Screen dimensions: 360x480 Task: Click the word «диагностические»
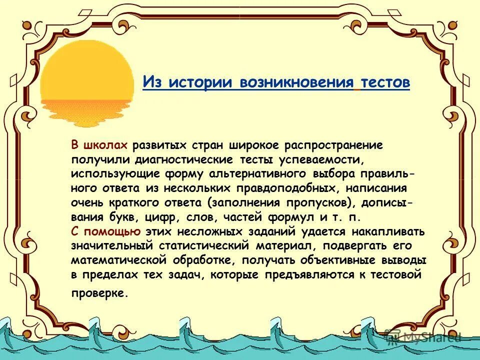point(183,159)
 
